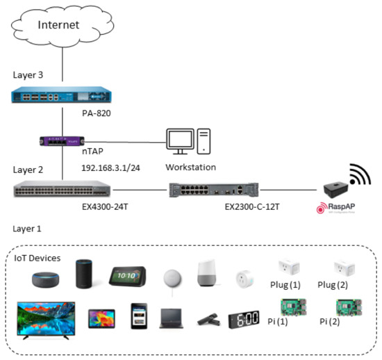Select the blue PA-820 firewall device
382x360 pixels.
point(63,95)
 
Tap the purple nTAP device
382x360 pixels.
point(63,141)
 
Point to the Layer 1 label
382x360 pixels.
point(28,227)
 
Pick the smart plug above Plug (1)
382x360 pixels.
point(288,266)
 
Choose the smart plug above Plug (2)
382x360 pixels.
point(341,266)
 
